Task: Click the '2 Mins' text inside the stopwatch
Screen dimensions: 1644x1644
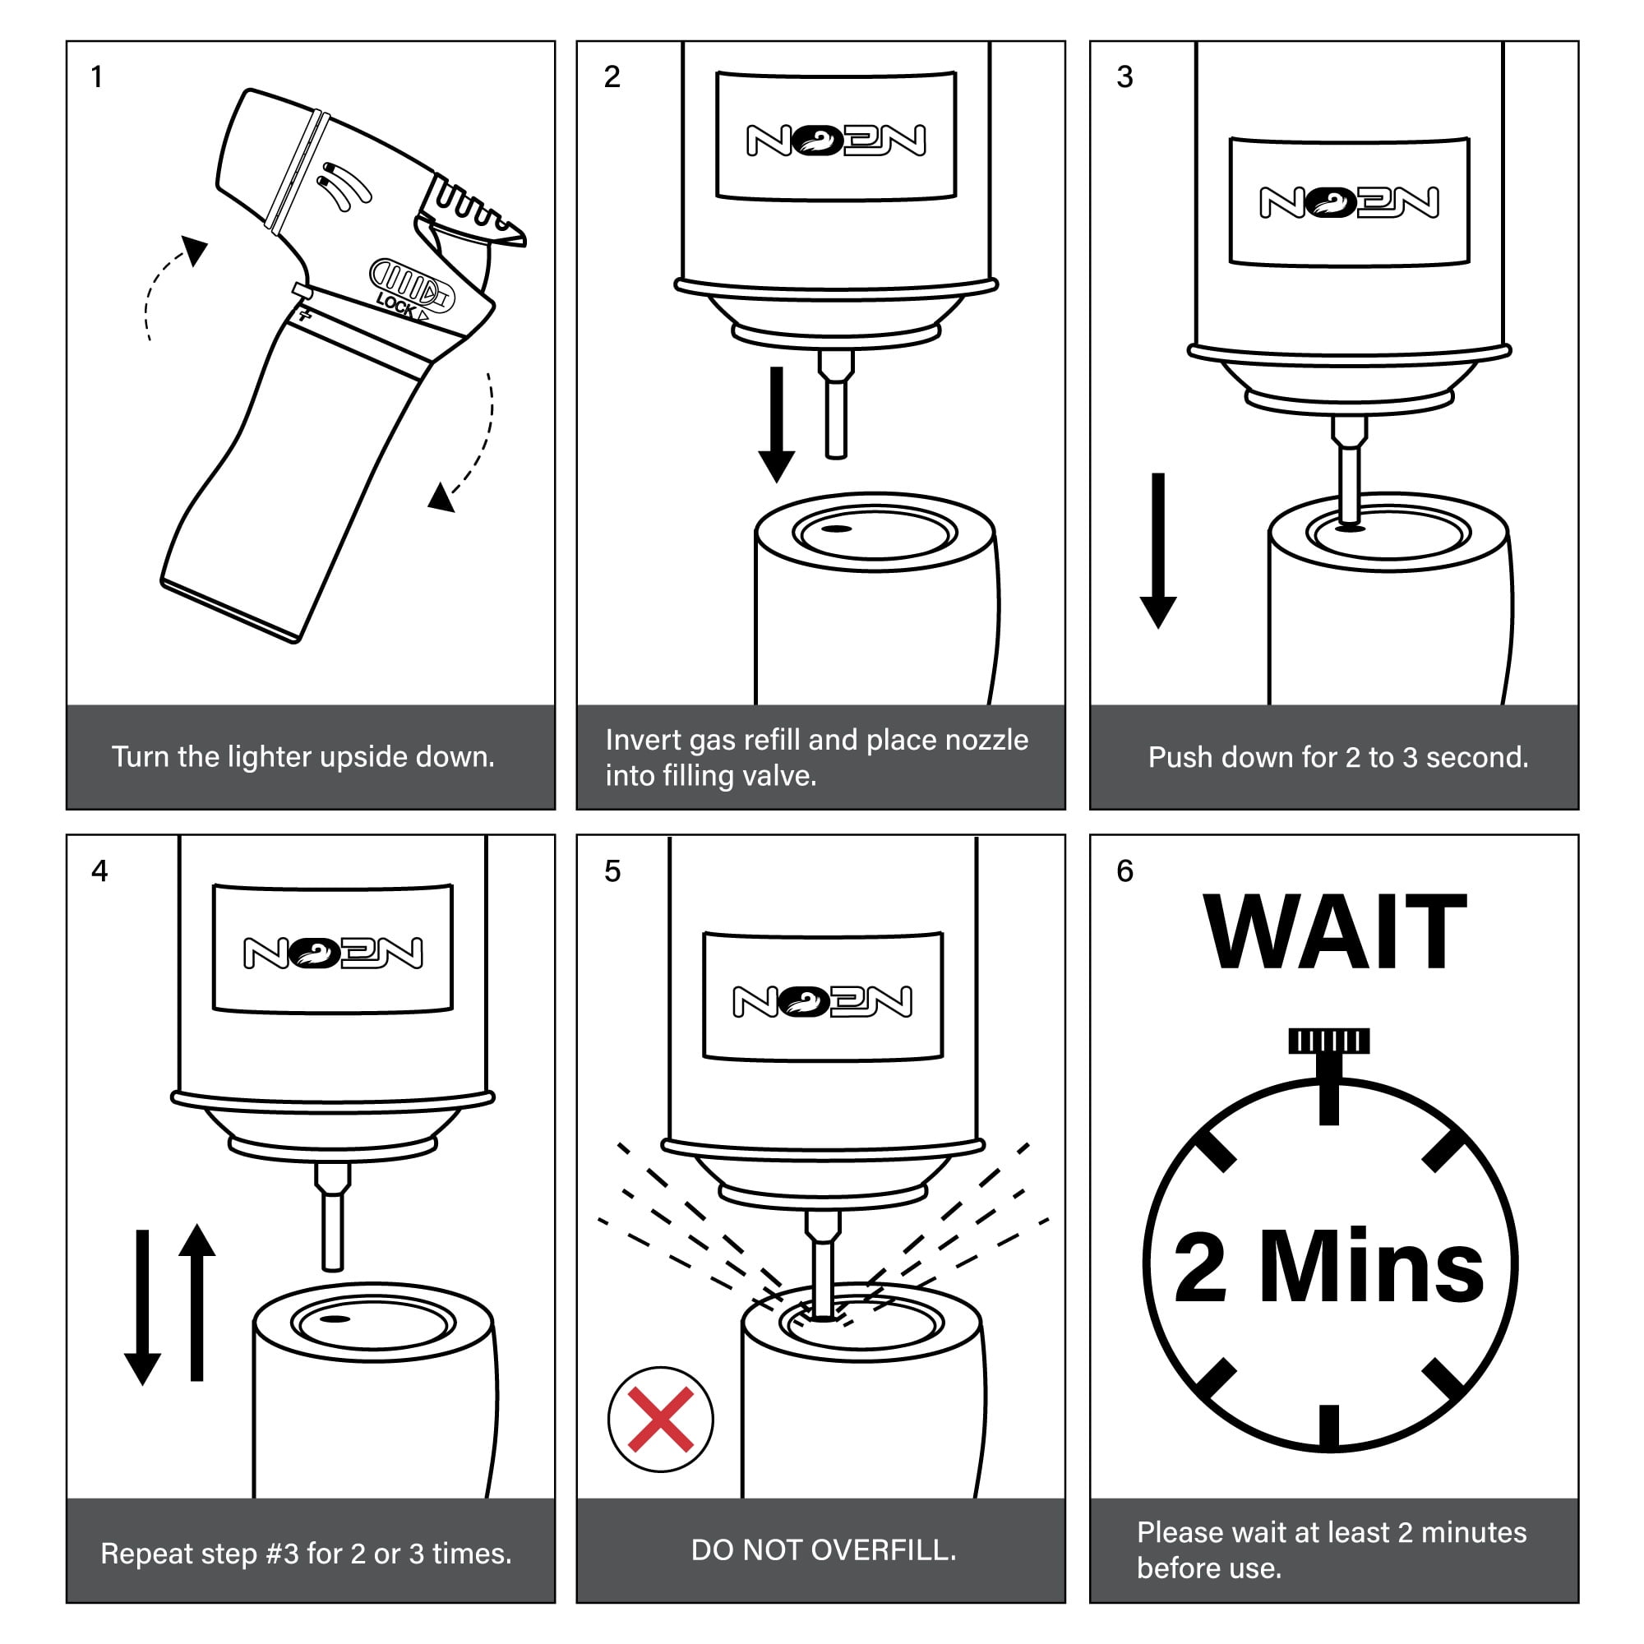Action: (x=1328, y=1267)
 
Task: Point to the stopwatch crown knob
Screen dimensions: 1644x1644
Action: (x=1328, y=1041)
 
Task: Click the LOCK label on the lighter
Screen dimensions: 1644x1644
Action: (x=396, y=305)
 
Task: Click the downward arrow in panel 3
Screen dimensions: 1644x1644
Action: (x=1157, y=551)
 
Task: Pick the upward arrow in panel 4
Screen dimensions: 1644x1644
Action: (x=196, y=1302)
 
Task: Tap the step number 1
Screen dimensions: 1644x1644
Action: (x=97, y=76)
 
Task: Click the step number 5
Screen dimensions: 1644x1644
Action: (x=612, y=870)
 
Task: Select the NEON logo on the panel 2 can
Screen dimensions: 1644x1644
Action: (x=836, y=141)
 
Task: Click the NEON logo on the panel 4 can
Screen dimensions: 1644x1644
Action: (x=333, y=953)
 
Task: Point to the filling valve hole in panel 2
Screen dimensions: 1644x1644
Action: (x=838, y=529)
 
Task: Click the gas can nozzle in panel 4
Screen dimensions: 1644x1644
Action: (x=333, y=1216)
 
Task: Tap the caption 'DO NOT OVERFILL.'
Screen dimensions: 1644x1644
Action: (x=823, y=1549)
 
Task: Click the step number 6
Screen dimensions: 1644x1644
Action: (x=1125, y=870)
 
